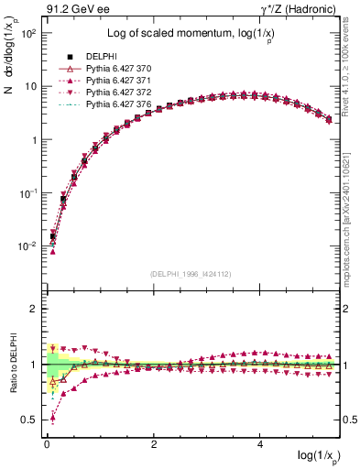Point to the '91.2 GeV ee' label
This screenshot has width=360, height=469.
pos(74,11)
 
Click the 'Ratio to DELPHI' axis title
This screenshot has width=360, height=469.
pos(10,365)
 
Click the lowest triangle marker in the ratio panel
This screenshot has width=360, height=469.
pos(52,419)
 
